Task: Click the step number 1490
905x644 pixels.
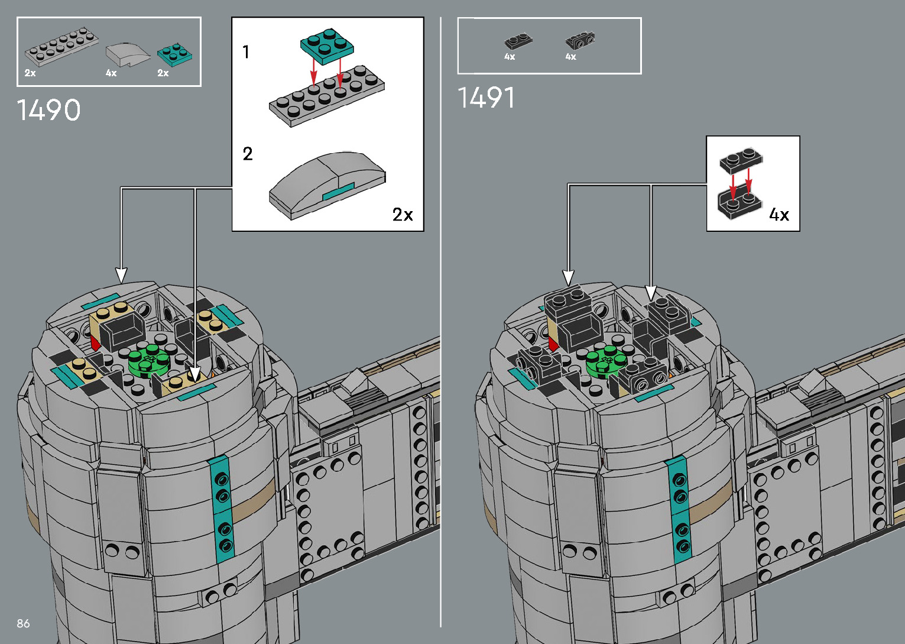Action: (48, 109)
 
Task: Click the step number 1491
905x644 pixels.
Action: (486, 98)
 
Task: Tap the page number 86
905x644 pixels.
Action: (24, 623)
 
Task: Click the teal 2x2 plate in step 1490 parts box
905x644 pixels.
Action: (174, 54)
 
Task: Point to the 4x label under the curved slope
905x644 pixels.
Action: (111, 73)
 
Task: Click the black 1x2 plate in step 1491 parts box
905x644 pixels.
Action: (518, 41)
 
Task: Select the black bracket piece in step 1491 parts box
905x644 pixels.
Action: (580, 40)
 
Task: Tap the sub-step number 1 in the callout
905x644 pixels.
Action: (246, 52)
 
